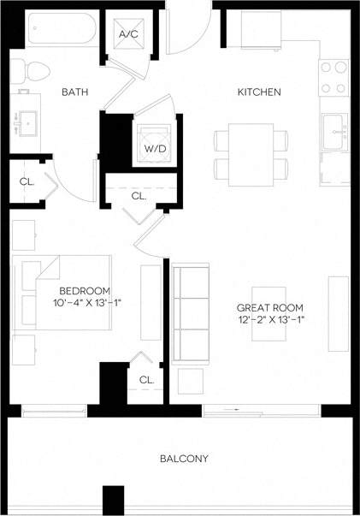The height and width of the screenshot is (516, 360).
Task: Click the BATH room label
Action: (x=75, y=92)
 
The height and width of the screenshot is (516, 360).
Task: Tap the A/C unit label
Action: (x=129, y=34)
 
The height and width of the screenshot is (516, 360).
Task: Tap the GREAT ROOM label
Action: (x=269, y=306)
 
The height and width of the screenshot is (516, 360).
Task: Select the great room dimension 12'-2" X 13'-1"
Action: (x=269, y=320)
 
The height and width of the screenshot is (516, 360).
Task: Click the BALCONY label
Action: (x=184, y=459)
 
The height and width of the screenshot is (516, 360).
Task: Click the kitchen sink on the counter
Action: (x=333, y=129)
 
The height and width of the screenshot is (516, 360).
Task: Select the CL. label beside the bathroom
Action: (x=27, y=181)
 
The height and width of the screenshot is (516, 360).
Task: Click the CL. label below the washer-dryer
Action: (x=139, y=196)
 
